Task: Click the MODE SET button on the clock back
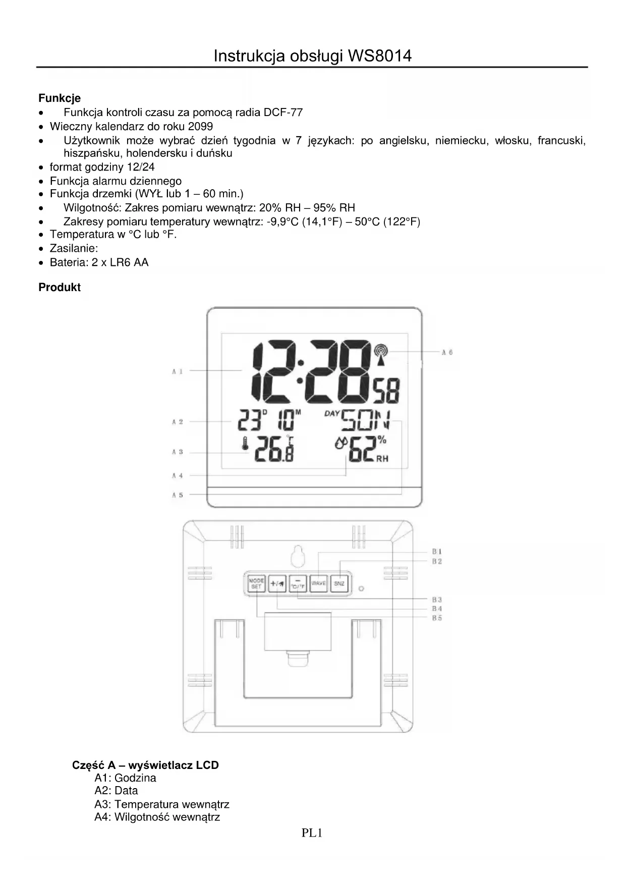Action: click(x=256, y=583)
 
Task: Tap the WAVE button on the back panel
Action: click(x=318, y=583)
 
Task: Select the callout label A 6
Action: click(x=447, y=352)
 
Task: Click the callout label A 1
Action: click(x=177, y=371)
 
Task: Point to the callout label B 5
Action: click(x=437, y=618)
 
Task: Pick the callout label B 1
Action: click(x=437, y=551)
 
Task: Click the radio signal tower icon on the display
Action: click(x=381, y=354)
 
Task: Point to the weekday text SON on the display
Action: click(x=366, y=421)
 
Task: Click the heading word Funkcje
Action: click(x=60, y=98)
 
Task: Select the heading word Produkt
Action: click(x=60, y=288)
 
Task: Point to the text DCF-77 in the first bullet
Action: click(x=283, y=113)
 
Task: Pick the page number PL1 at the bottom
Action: click(x=312, y=833)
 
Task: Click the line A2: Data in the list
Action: click(x=116, y=791)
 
